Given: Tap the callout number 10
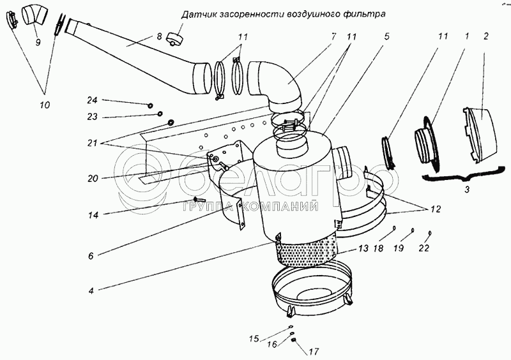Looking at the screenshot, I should tap(45, 103).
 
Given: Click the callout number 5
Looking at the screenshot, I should tap(386, 37).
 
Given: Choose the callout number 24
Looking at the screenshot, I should tap(92, 100).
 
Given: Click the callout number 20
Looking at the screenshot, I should tap(93, 178).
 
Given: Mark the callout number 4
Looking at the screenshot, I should tap(91, 292).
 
